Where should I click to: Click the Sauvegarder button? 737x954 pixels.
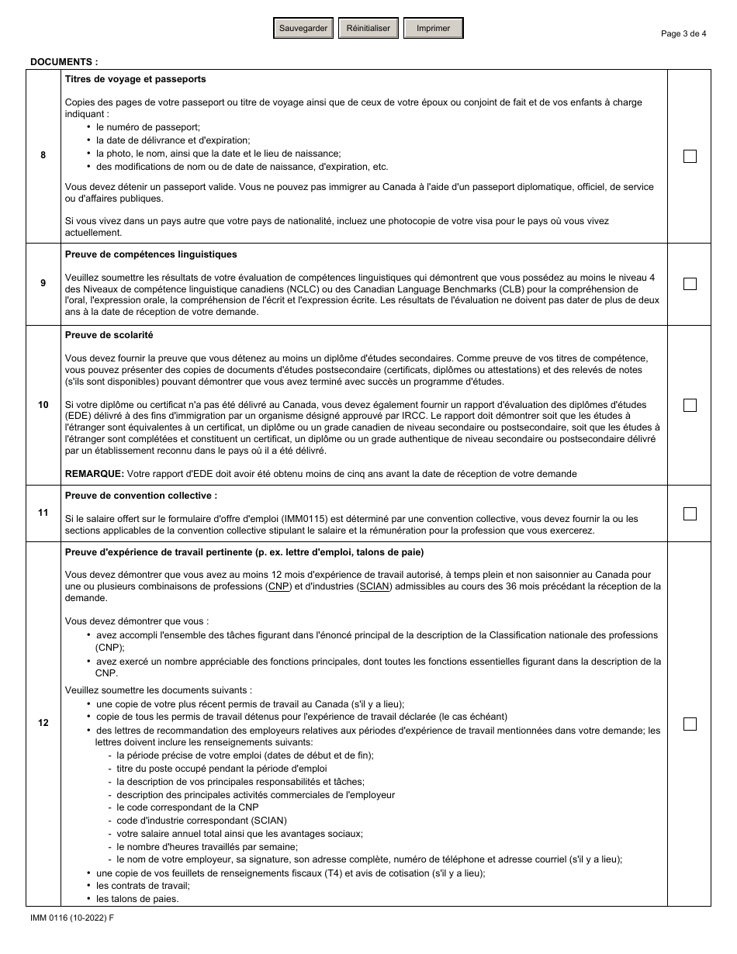click(x=303, y=29)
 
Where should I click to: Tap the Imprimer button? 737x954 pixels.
click(x=433, y=29)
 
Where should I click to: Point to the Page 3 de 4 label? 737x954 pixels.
click(x=683, y=33)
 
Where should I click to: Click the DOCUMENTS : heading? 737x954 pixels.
click(x=64, y=61)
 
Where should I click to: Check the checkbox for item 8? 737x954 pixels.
click(x=690, y=156)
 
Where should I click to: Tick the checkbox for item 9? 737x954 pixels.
click(x=690, y=284)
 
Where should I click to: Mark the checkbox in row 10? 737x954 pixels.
click(x=690, y=405)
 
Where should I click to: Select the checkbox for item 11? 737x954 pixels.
click(x=690, y=513)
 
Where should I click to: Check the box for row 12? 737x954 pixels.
click(x=690, y=724)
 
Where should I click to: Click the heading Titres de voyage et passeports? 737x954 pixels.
click(x=135, y=79)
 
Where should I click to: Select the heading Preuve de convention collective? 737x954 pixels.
click(x=140, y=495)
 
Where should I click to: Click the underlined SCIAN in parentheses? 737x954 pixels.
click(x=373, y=586)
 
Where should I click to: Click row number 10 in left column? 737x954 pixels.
click(x=43, y=405)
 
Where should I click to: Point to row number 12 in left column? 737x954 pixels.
click(x=43, y=723)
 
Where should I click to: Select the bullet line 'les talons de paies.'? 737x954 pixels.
click(x=137, y=899)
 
